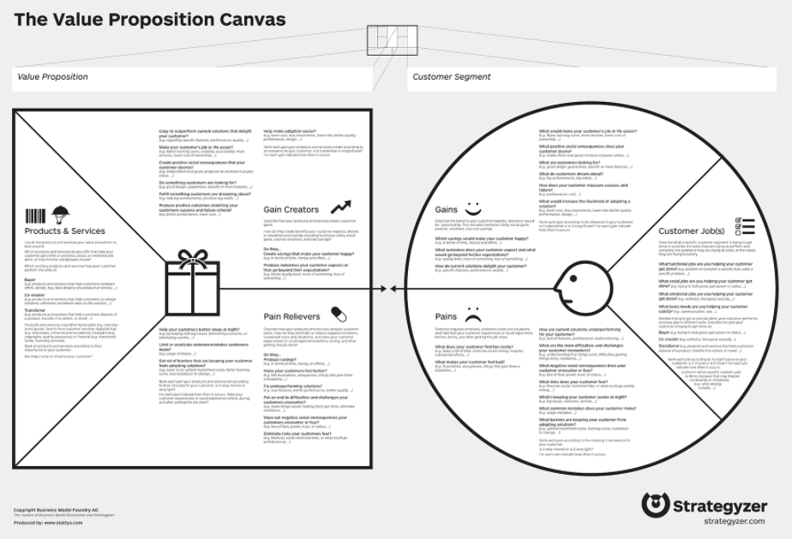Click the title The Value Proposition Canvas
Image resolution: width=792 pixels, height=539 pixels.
(x=149, y=19)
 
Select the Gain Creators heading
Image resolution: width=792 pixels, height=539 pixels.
(x=291, y=210)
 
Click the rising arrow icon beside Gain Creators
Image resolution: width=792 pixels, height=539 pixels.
(x=340, y=207)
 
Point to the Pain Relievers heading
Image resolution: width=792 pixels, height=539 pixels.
(x=292, y=317)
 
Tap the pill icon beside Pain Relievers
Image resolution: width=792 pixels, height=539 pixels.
(x=339, y=314)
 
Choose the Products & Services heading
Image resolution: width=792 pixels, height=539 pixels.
(x=65, y=231)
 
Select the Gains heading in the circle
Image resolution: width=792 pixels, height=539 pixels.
(x=447, y=210)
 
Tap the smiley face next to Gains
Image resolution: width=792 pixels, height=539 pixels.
(x=473, y=208)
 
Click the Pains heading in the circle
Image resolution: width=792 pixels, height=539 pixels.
(x=446, y=316)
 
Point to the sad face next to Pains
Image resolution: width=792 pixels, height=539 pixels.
(x=473, y=314)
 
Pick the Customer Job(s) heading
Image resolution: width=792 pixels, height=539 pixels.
(x=692, y=231)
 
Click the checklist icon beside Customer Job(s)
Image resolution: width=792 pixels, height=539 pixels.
(x=745, y=227)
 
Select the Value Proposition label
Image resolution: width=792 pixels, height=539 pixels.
(x=52, y=77)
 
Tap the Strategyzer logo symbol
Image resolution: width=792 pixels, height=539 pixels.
(x=655, y=505)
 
